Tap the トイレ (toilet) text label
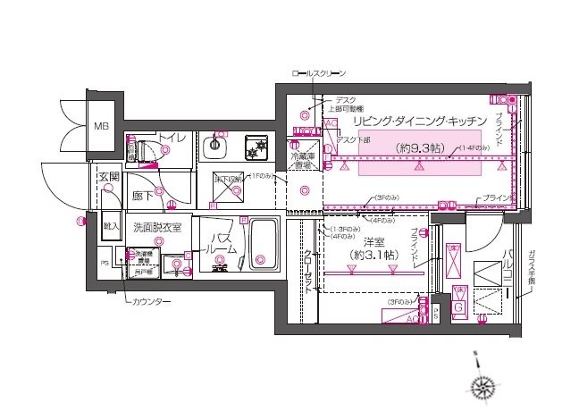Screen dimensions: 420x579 pyautogui.click(x=172, y=138)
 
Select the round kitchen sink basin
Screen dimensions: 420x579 pyautogui.click(x=215, y=147)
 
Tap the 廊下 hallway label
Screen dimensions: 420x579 pyautogui.click(x=143, y=195)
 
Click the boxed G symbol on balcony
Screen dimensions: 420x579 pyautogui.click(x=459, y=308)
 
